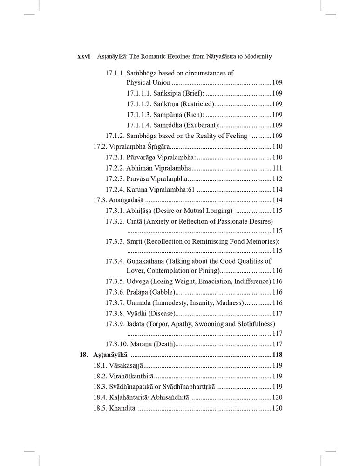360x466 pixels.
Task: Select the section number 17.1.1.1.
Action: click(x=140, y=93)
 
